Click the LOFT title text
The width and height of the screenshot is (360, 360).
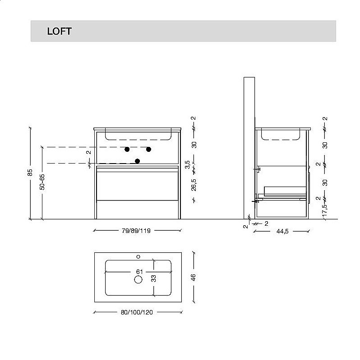coord(59,32)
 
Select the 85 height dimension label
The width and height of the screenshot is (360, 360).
coord(30,173)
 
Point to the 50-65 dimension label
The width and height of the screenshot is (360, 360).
coord(42,181)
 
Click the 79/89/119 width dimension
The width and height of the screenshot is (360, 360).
coord(136,231)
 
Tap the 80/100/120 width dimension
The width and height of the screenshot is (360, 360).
coord(137,312)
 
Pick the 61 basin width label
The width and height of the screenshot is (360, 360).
coord(138,272)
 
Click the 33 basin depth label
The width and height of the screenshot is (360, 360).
coord(153,278)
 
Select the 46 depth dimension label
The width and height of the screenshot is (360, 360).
coord(194,277)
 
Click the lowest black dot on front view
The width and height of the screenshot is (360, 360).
coord(138,161)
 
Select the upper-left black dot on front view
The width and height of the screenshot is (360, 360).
coord(127,149)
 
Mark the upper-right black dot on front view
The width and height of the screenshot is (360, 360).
coord(148,149)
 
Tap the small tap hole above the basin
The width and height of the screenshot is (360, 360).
coord(138,257)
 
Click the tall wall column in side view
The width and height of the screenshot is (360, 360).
coord(249,144)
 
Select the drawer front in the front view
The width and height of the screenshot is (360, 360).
coord(138,185)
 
